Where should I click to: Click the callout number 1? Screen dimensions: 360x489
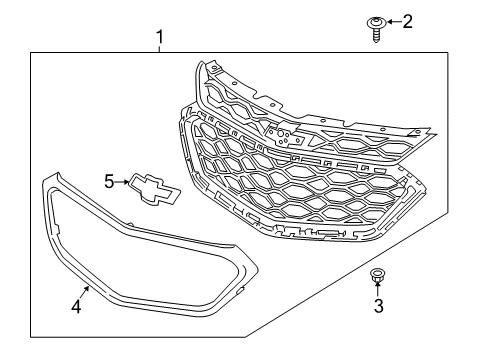(x=158, y=38)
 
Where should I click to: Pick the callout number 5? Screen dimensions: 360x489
(x=110, y=181)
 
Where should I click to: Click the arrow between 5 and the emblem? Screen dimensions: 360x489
(x=121, y=181)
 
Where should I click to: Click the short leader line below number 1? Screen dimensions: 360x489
(x=158, y=50)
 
